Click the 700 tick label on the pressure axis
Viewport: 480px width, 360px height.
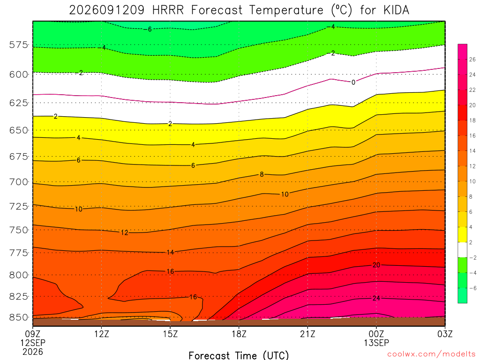(x=19, y=182)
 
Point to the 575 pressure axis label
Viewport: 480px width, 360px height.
(x=19, y=45)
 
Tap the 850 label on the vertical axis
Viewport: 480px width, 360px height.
(x=19, y=317)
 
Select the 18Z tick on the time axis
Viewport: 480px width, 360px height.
(x=239, y=334)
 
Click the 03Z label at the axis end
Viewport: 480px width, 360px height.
(x=445, y=334)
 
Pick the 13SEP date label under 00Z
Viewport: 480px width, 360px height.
(x=376, y=343)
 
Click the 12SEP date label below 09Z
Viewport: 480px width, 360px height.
(x=33, y=343)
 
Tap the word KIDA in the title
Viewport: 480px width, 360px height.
(x=396, y=10)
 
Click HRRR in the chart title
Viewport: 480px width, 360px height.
(x=168, y=10)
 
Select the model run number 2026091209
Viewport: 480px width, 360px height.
(x=106, y=10)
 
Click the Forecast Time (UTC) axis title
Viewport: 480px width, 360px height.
(x=239, y=355)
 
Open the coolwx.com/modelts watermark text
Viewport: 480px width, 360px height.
(x=431, y=354)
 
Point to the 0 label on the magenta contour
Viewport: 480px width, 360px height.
(x=353, y=82)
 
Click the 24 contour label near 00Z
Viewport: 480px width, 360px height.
(x=376, y=298)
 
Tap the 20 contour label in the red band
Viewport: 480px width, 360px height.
(x=376, y=265)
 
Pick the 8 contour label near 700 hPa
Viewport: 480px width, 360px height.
(x=262, y=174)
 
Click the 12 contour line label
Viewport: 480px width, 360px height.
(x=124, y=232)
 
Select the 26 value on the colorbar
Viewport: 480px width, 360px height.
(x=472, y=60)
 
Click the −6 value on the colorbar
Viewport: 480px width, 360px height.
(x=472, y=288)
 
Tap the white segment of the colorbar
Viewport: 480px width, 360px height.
(x=463, y=250)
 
